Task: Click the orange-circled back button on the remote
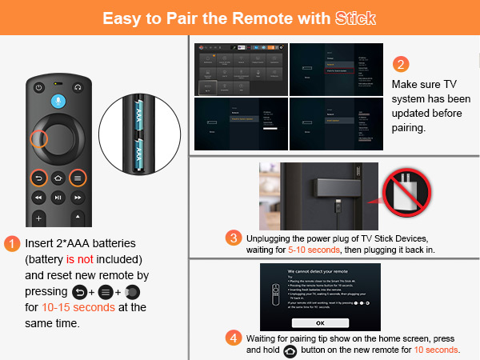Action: (x=38, y=178)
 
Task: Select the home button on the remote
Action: (x=58, y=178)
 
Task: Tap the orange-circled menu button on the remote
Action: (x=78, y=178)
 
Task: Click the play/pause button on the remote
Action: (x=58, y=197)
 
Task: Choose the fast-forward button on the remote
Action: (x=78, y=197)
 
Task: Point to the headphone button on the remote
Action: (x=78, y=86)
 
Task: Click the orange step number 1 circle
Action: (x=12, y=243)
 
